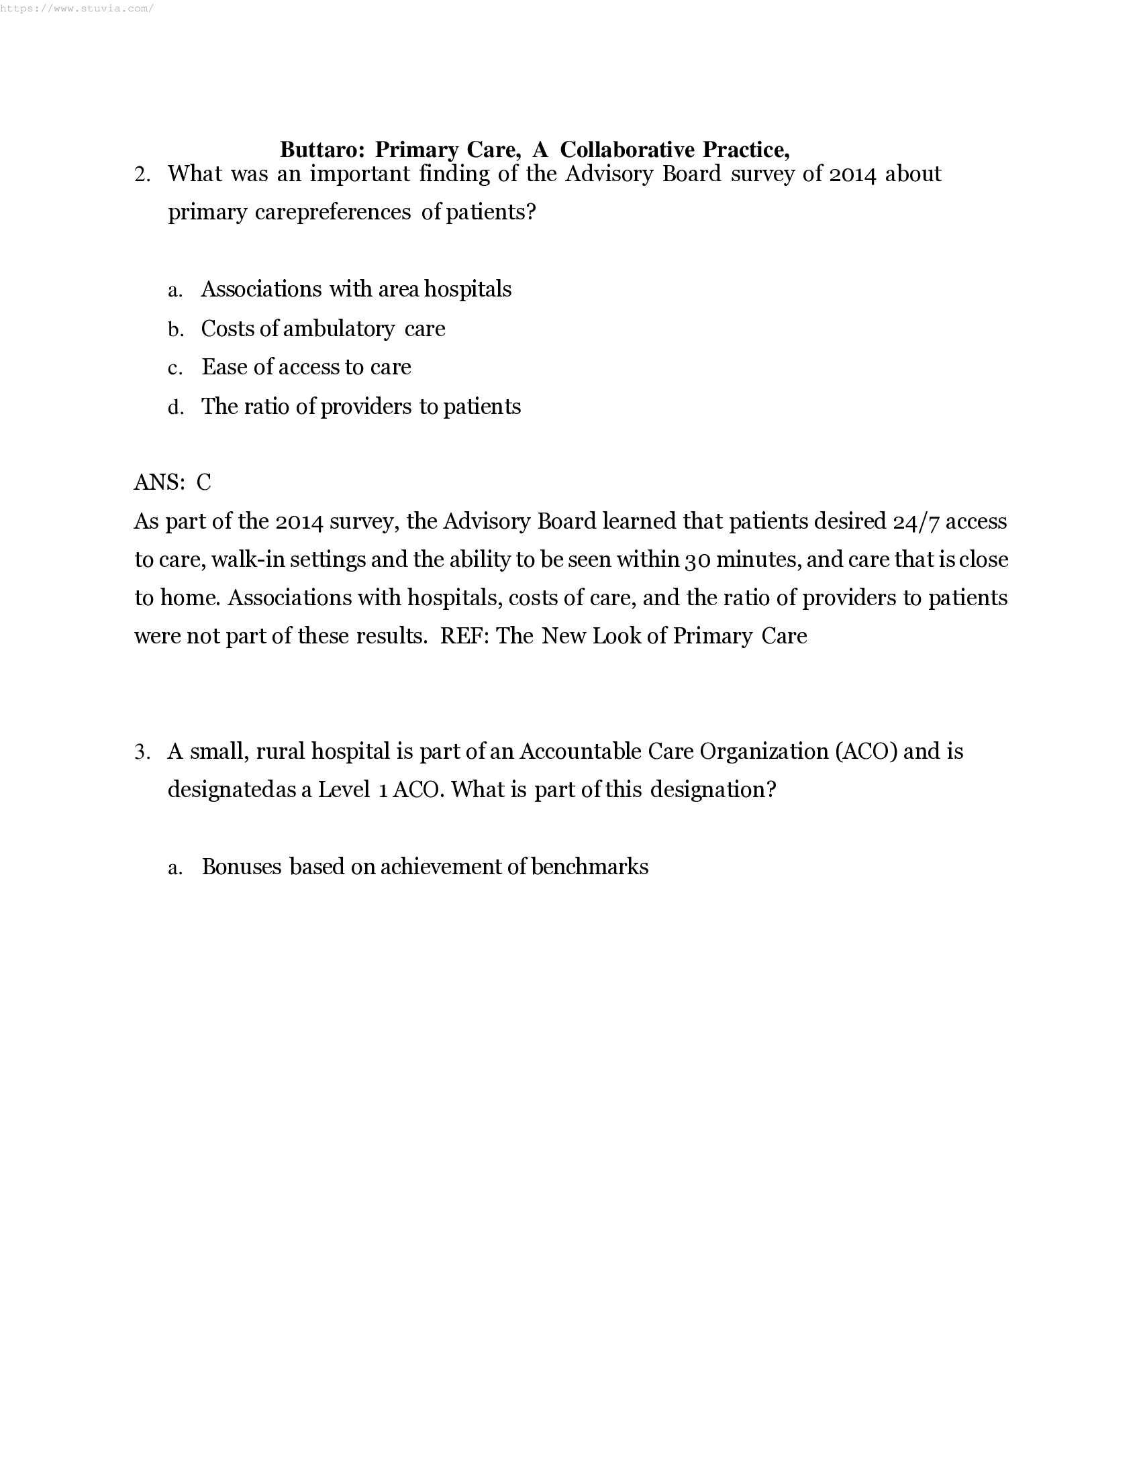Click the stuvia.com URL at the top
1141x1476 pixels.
(x=77, y=8)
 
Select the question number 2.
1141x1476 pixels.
(x=142, y=174)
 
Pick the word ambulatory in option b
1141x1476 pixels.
(x=339, y=329)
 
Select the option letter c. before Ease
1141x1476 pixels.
(x=175, y=368)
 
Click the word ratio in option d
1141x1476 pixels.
(x=267, y=406)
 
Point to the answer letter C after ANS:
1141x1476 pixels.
(x=204, y=482)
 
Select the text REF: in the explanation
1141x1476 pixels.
(x=465, y=636)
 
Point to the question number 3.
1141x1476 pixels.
(x=142, y=751)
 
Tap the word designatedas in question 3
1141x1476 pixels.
(x=232, y=790)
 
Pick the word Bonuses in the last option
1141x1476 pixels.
(x=242, y=867)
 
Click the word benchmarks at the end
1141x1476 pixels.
(x=589, y=867)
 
